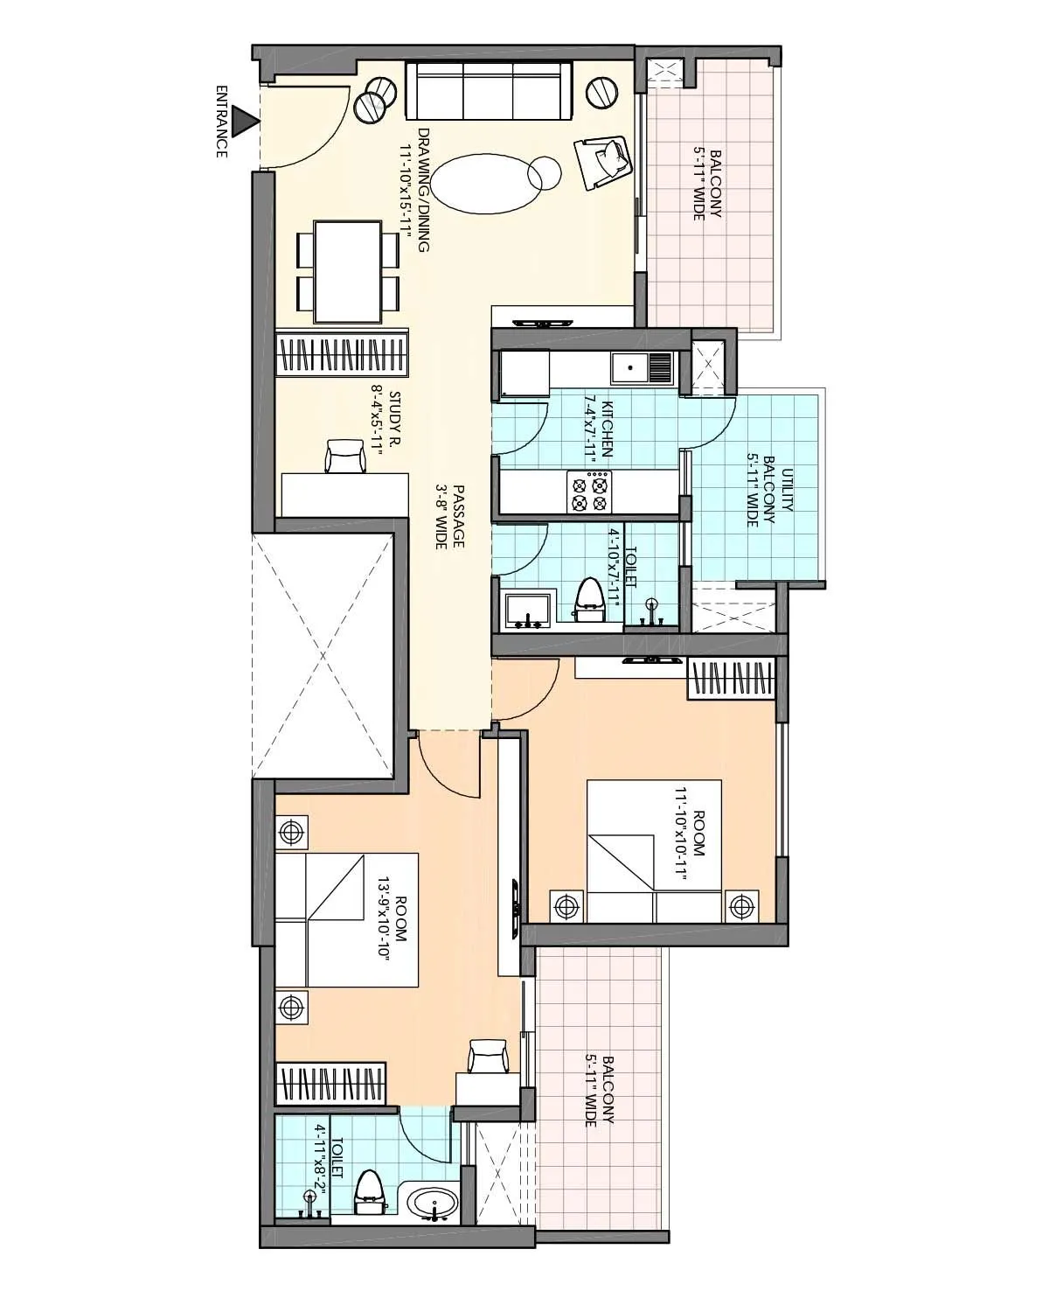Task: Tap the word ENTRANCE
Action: (221, 121)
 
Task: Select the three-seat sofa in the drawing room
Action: (488, 90)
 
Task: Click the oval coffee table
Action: (481, 184)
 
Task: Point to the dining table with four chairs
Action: (347, 272)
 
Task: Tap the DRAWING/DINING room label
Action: (416, 191)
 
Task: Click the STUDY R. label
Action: (386, 420)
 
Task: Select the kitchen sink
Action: (641, 367)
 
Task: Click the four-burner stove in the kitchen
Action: (588, 491)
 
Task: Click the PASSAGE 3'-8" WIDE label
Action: (450, 516)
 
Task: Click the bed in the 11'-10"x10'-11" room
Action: (654, 851)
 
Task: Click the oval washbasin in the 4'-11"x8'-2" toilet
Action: (432, 1204)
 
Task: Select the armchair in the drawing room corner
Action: (603, 161)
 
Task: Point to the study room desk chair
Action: (345, 457)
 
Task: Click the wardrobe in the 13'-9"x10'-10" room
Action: (331, 1085)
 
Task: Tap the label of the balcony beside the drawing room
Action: (706, 185)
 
